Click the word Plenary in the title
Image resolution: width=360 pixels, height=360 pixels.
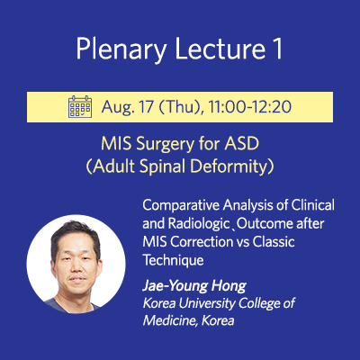tap(121, 49)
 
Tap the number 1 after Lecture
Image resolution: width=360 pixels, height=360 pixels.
tap(278, 48)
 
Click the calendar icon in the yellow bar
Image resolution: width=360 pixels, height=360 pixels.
tap(80, 107)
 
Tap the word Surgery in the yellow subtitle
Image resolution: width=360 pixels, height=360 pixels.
tap(166, 145)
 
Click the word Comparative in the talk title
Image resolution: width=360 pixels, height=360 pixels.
tap(181, 206)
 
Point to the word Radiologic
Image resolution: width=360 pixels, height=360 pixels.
tap(199, 224)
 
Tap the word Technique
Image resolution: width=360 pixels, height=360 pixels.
tap(173, 260)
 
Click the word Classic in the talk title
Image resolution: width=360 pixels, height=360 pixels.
tap(274, 242)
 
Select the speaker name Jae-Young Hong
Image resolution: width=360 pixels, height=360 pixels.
tap(194, 286)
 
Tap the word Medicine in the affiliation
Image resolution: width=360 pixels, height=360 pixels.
tap(170, 320)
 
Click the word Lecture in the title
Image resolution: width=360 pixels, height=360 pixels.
tap(220, 48)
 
